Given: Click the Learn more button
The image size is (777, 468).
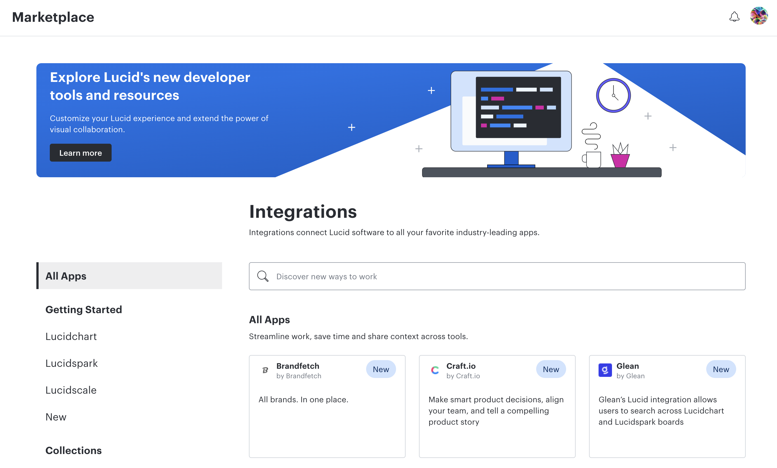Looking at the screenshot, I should coord(80,153).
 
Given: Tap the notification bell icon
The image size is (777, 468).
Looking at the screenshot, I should coord(734,17).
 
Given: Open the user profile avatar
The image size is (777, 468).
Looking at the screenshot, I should coord(759,16).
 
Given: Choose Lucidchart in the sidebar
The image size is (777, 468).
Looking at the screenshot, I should coord(71,336).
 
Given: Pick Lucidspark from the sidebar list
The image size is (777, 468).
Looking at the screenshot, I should coord(72,363).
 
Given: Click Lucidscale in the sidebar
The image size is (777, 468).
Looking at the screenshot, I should coord(71,390).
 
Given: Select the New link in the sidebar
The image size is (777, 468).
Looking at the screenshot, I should coord(56,417).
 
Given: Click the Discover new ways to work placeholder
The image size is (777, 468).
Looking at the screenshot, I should coord(326,276).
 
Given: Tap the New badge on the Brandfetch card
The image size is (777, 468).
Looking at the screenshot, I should coord(381,369).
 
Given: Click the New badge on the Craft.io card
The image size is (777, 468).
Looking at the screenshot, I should coord(551,369).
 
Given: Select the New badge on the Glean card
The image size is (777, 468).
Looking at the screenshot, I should coord(721,369).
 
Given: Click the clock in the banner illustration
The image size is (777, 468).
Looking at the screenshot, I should coord(613,95).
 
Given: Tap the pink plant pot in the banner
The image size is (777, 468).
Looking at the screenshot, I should coord(620,160).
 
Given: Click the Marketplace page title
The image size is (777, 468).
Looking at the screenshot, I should coord(53,17).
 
